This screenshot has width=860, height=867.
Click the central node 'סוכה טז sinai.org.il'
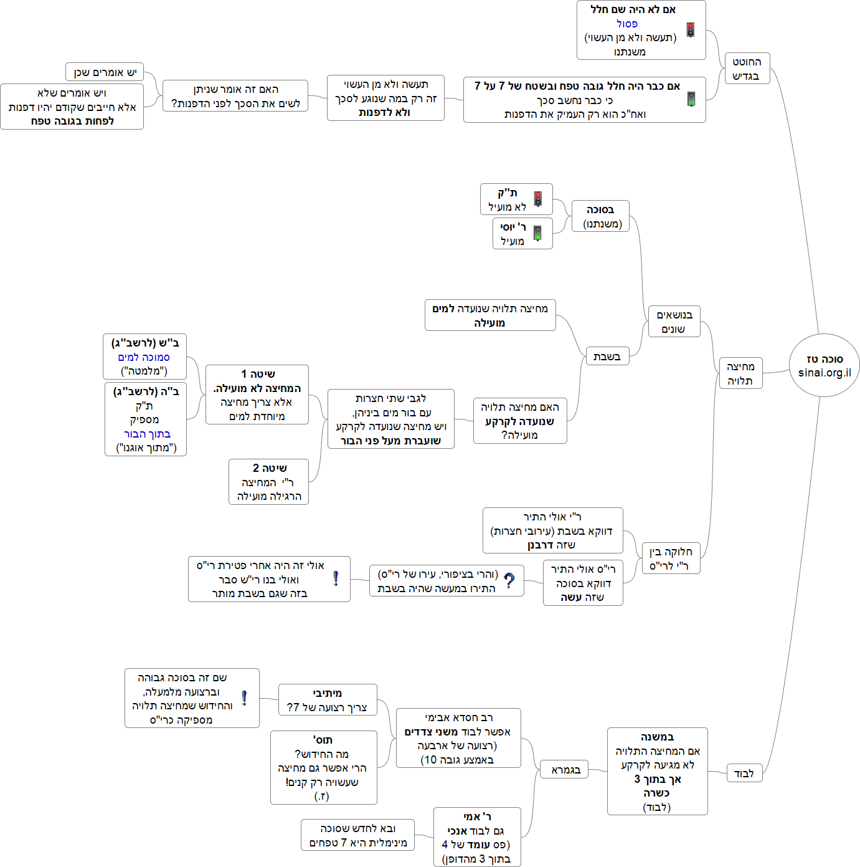tap(824, 365)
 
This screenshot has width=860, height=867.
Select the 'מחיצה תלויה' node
tap(740, 373)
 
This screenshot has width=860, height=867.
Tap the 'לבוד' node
tap(744, 774)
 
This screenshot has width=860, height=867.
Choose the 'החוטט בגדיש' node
tap(747, 69)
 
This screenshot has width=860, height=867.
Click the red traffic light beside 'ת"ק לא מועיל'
tap(538, 199)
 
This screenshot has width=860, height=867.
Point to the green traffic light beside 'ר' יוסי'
tap(537, 233)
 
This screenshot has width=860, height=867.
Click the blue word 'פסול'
tap(627, 24)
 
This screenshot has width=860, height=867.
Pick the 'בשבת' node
tap(607, 357)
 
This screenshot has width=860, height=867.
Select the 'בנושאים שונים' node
tap(674, 322)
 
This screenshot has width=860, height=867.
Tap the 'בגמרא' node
tap(565, 770)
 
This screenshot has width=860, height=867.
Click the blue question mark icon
tap(509, 581)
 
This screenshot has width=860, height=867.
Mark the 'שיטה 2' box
tap(268, 482)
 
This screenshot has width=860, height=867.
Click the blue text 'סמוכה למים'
tap(144, 357)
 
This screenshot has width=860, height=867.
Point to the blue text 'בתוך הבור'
tap(147, 434)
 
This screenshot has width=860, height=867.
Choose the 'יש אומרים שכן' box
tap(105, 72)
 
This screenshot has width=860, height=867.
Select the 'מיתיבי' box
tap(327, 700)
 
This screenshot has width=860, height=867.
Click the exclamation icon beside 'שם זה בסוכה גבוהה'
tap(244, 698)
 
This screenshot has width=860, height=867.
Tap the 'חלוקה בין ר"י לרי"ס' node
tap(670, 558)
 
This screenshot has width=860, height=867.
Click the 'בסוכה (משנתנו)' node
tap(600, 216)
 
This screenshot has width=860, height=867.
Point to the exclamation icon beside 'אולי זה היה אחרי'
tap(336, 579)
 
